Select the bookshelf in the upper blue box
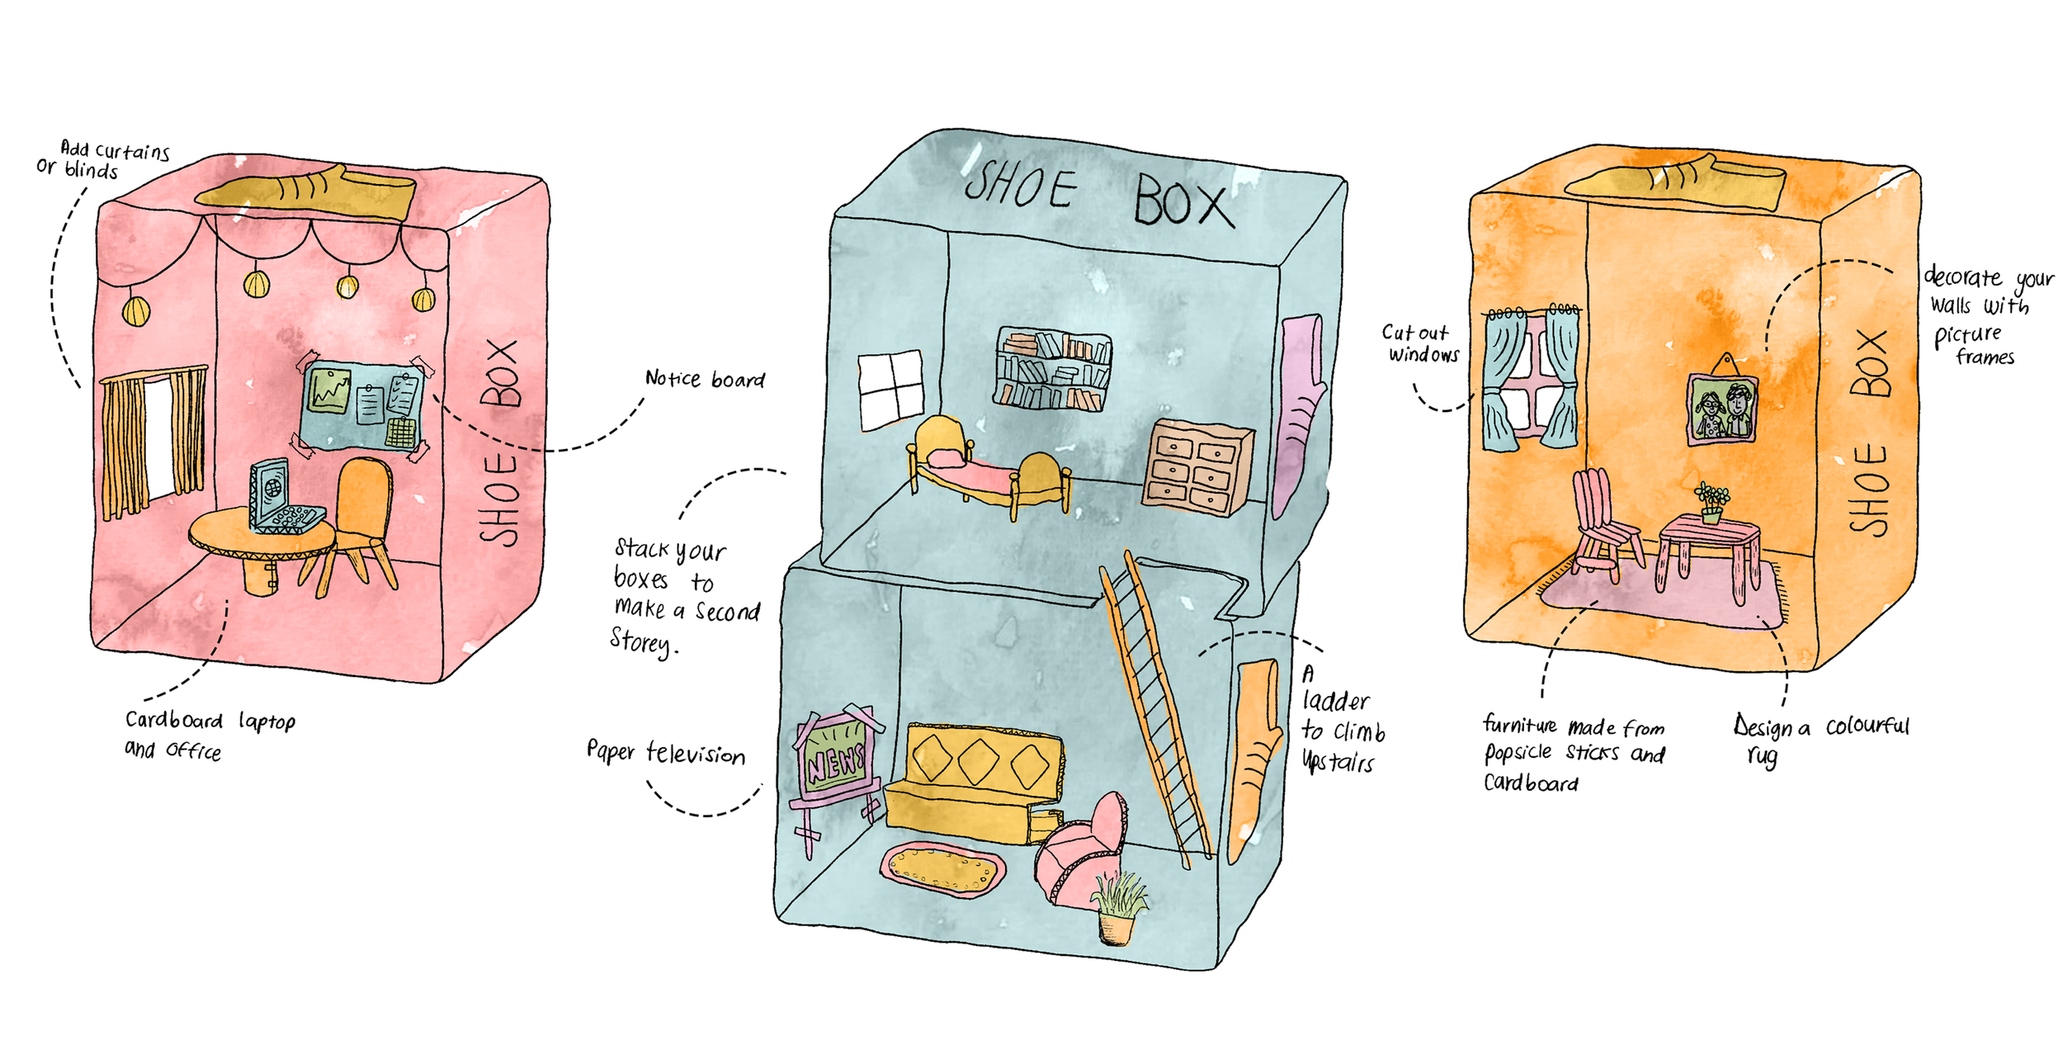[1053, 369]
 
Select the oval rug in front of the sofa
[943, 869]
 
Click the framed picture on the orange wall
[1722, 408]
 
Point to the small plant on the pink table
[1711, 502]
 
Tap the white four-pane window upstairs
[890, 390]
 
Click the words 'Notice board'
[705, 379]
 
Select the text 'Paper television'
[665, 752]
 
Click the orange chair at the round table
[360, 520]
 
